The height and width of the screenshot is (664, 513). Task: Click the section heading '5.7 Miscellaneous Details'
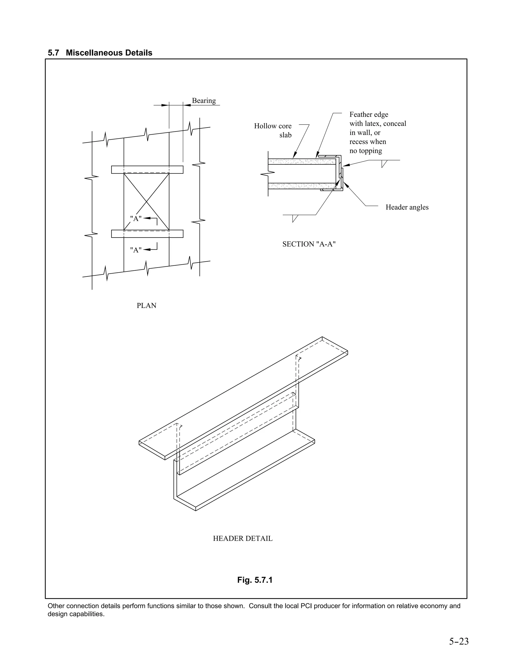100,53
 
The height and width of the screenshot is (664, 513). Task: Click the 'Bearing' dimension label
204,101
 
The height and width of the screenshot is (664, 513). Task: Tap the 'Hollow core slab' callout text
273,130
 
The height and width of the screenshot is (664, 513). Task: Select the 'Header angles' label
407,207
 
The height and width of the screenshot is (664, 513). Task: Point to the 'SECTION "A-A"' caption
309,244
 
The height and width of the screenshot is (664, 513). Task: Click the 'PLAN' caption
147,305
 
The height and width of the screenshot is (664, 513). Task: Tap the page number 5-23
459,641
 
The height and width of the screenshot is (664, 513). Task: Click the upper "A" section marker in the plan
136,218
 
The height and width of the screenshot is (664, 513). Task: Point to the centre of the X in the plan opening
147,201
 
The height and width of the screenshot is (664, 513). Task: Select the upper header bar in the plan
147,170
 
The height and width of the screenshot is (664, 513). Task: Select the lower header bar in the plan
147,234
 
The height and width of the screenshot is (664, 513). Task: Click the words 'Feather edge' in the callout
369,115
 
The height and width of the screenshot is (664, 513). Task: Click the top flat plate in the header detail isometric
243,398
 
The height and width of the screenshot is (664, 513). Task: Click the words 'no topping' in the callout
366,151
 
